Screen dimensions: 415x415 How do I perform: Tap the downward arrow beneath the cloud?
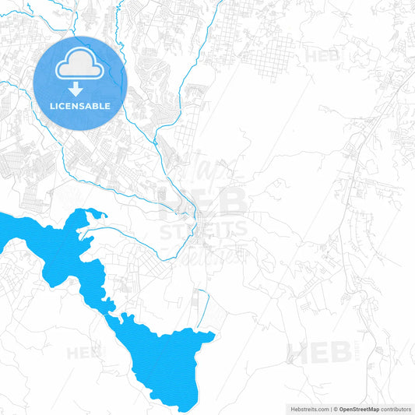coord(80,88)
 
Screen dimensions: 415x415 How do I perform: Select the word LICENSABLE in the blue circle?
coord(80,106)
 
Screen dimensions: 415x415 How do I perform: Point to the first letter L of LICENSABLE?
coord(52,106)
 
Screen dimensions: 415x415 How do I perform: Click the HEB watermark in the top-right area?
coord(322,57)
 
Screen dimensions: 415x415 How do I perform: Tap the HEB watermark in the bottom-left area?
coord(84,353)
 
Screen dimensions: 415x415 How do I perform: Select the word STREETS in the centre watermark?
coord(204,230)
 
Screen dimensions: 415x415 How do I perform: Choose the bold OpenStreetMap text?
coord(359,408)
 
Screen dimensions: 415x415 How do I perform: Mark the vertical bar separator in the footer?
coord(329,408)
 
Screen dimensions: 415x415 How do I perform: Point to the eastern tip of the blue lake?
coord(213,335)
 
